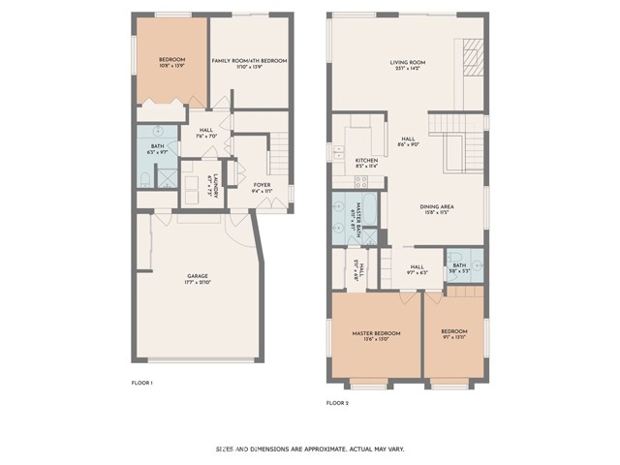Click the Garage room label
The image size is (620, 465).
coord(199,282)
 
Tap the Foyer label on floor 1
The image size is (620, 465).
coord(262,187)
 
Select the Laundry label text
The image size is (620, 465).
coord(214,183)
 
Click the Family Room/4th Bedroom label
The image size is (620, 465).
coord(250,63)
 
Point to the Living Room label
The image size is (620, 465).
coord(408,64)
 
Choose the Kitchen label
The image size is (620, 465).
coord(366,162)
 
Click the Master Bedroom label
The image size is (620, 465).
coord(376,335)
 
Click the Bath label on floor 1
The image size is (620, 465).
coord(156,147)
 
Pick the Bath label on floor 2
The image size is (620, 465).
coord(459,267)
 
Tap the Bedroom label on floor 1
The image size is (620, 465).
coord(172,63)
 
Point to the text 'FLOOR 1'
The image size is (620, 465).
coord(142,384)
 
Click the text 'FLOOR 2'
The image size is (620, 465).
coord(336,402)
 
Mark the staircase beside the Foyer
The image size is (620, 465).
coord(279,151)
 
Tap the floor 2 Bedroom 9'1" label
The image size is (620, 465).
coord(453,335)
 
